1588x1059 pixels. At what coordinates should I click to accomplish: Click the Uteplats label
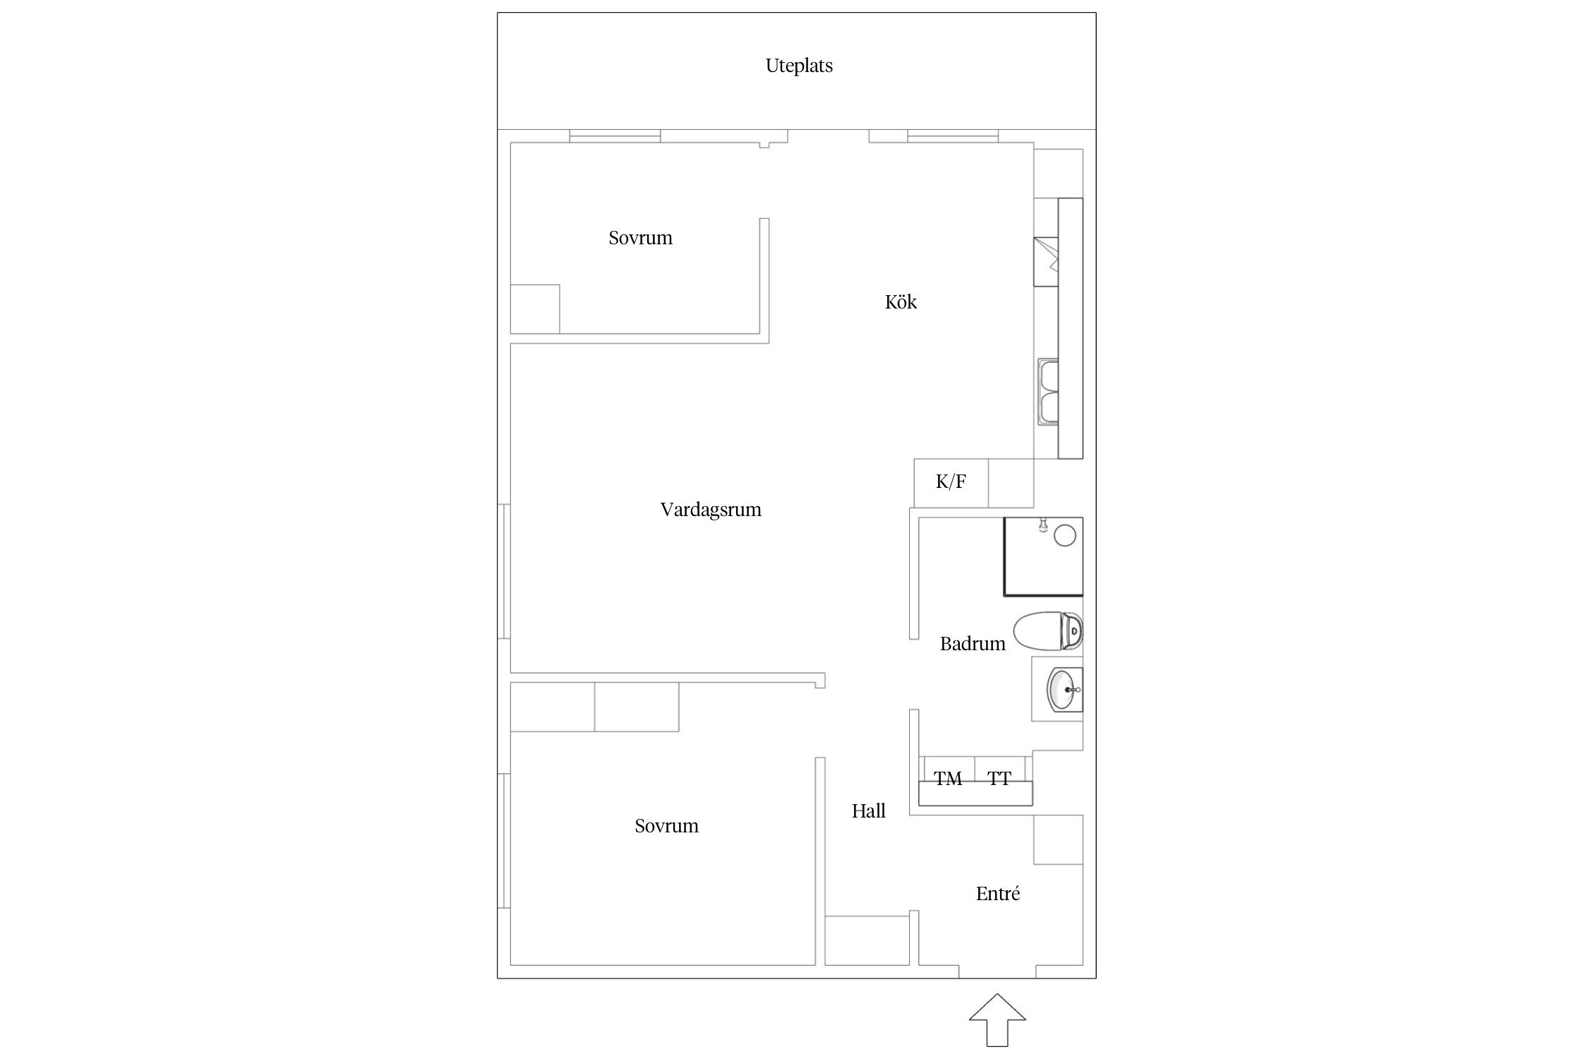[799, 66]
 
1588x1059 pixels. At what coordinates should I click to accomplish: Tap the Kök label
[901, 301]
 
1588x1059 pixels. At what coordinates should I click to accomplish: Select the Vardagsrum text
[711, 510]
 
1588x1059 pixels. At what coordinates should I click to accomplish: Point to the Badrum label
[973, 643]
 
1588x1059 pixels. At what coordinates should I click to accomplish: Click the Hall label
[869, 810]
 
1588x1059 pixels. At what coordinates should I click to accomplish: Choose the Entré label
[998, 893]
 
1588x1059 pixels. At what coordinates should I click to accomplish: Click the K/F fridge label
[951, 481]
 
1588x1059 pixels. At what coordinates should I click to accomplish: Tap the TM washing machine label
[948, 779]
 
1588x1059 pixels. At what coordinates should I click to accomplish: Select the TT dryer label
[999, 779]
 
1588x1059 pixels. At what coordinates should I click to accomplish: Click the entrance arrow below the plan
[997, 1019]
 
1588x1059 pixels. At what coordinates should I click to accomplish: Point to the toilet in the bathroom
[1048, 631]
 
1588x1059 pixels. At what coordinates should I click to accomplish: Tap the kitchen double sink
[1048, 392]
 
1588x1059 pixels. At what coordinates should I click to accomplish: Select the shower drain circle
[1065, 536]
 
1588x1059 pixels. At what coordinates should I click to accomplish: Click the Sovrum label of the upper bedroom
[640, 237]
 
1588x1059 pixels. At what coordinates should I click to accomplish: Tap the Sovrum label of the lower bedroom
[666, 825]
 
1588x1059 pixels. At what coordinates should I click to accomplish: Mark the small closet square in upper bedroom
[535, 309]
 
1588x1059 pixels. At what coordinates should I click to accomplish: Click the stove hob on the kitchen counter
[1047, 262]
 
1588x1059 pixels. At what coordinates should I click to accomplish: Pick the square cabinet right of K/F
[1011, 483]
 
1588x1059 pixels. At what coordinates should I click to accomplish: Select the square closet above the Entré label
[1059, 839]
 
